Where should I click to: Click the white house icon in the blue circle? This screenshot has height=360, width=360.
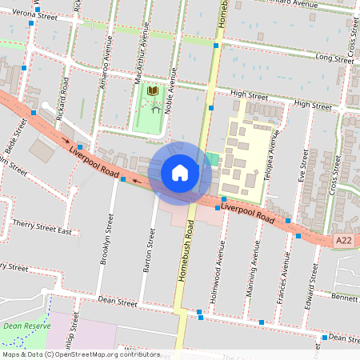coord(179,173)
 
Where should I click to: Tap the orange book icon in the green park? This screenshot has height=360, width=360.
coord(153,92)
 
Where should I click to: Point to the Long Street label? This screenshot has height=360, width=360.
coord(334,58)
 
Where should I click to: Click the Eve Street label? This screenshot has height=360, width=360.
coord(303,172)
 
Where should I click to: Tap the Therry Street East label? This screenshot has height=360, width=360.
coord(43,232)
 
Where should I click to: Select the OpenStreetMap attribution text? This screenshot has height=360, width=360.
coord(80,354)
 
